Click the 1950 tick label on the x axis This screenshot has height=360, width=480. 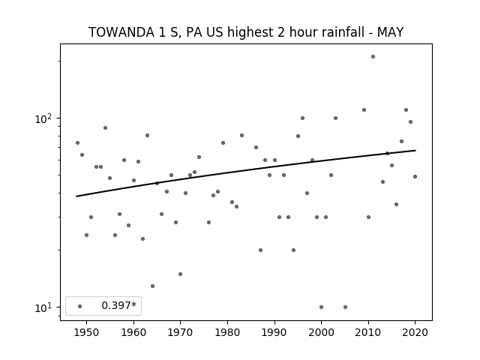[x=87, y=332]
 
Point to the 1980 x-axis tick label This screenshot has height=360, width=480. [x=227, y=332]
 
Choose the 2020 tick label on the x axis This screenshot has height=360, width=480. [x=415, y=332]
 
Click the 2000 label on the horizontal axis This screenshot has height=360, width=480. [x=321, y=332]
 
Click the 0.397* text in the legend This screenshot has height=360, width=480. [x=118, y=305]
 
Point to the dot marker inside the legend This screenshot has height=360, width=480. [x=80, y=306]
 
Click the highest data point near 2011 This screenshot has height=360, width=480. [x=373, y=57]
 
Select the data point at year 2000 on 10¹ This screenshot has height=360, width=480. [x=321, y=307]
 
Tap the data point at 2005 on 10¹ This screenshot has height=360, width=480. [x=345, y=307]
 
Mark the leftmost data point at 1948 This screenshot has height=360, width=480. [x=77, y=143]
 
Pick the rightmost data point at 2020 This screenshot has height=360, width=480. [x=415, y=177]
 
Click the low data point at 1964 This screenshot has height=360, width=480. [x=152, y=286]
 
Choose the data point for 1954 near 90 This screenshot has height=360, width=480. [x=105, y=128]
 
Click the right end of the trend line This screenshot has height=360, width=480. [x=415, y=150]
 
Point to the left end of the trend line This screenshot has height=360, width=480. [x=76, y=196]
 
